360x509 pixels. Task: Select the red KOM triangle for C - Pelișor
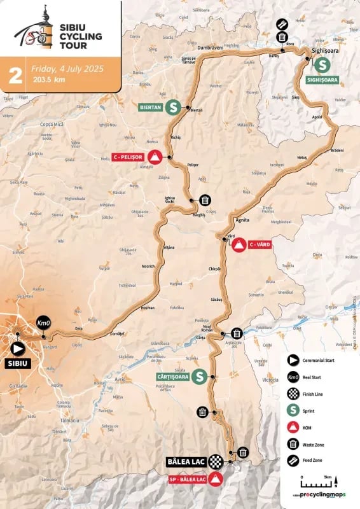(155, 157)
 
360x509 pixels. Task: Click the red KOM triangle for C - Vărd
(239, 245)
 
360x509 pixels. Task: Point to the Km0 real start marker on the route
(43, 323)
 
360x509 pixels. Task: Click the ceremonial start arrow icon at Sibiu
(17, 348)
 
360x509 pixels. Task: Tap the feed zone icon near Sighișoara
(282, 24)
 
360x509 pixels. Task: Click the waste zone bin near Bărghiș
(205, 200)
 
